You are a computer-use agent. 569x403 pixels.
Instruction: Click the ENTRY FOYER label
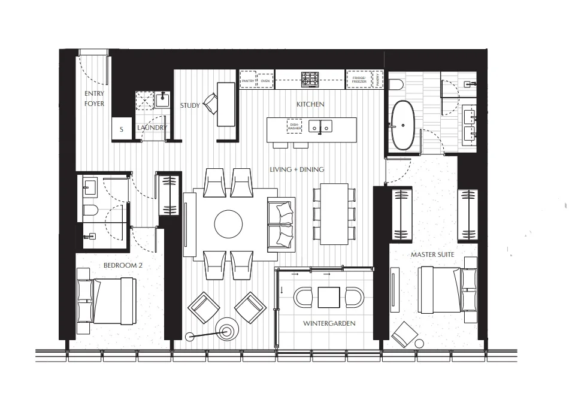click(x=94, y=99)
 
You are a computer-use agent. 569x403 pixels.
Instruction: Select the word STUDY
click(x=190, y=106)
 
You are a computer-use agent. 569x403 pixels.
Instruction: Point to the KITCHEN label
click(x=310, y=104)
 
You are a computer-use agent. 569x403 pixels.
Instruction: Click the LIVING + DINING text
click(x=297, y=169)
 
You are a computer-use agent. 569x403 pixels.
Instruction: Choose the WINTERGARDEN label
click(x=329, y=323)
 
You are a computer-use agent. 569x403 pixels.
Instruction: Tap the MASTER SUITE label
click(x=432, y=255)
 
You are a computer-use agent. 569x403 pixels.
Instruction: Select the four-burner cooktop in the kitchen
click(x=310, y=78)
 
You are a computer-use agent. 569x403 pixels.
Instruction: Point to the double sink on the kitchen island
click(x=320, y=126)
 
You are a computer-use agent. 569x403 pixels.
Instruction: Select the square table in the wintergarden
click(x=329, y=297)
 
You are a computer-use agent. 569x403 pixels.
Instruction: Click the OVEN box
click(x=265, y=79)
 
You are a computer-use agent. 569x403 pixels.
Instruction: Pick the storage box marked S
click(x=122, y=129)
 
